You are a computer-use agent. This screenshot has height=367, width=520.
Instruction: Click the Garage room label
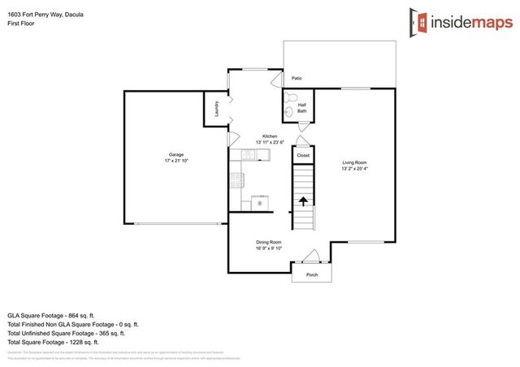(x=175, y=154)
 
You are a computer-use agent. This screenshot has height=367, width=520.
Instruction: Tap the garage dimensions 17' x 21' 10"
(x=175, y=161)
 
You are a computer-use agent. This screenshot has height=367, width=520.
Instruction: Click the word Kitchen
(x=269, y=136)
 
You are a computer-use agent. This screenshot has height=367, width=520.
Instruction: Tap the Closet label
(x=302, y=154)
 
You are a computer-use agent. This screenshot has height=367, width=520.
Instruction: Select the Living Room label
(x=354, y=162)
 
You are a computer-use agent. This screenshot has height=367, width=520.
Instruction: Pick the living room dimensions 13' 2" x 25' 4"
(x=354, y=169)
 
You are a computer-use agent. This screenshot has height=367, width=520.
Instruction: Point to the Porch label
(x=312, y=274)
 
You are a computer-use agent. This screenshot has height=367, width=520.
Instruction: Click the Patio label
(x=297, y=79)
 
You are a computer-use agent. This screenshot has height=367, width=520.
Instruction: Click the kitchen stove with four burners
(x=236, y=179)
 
